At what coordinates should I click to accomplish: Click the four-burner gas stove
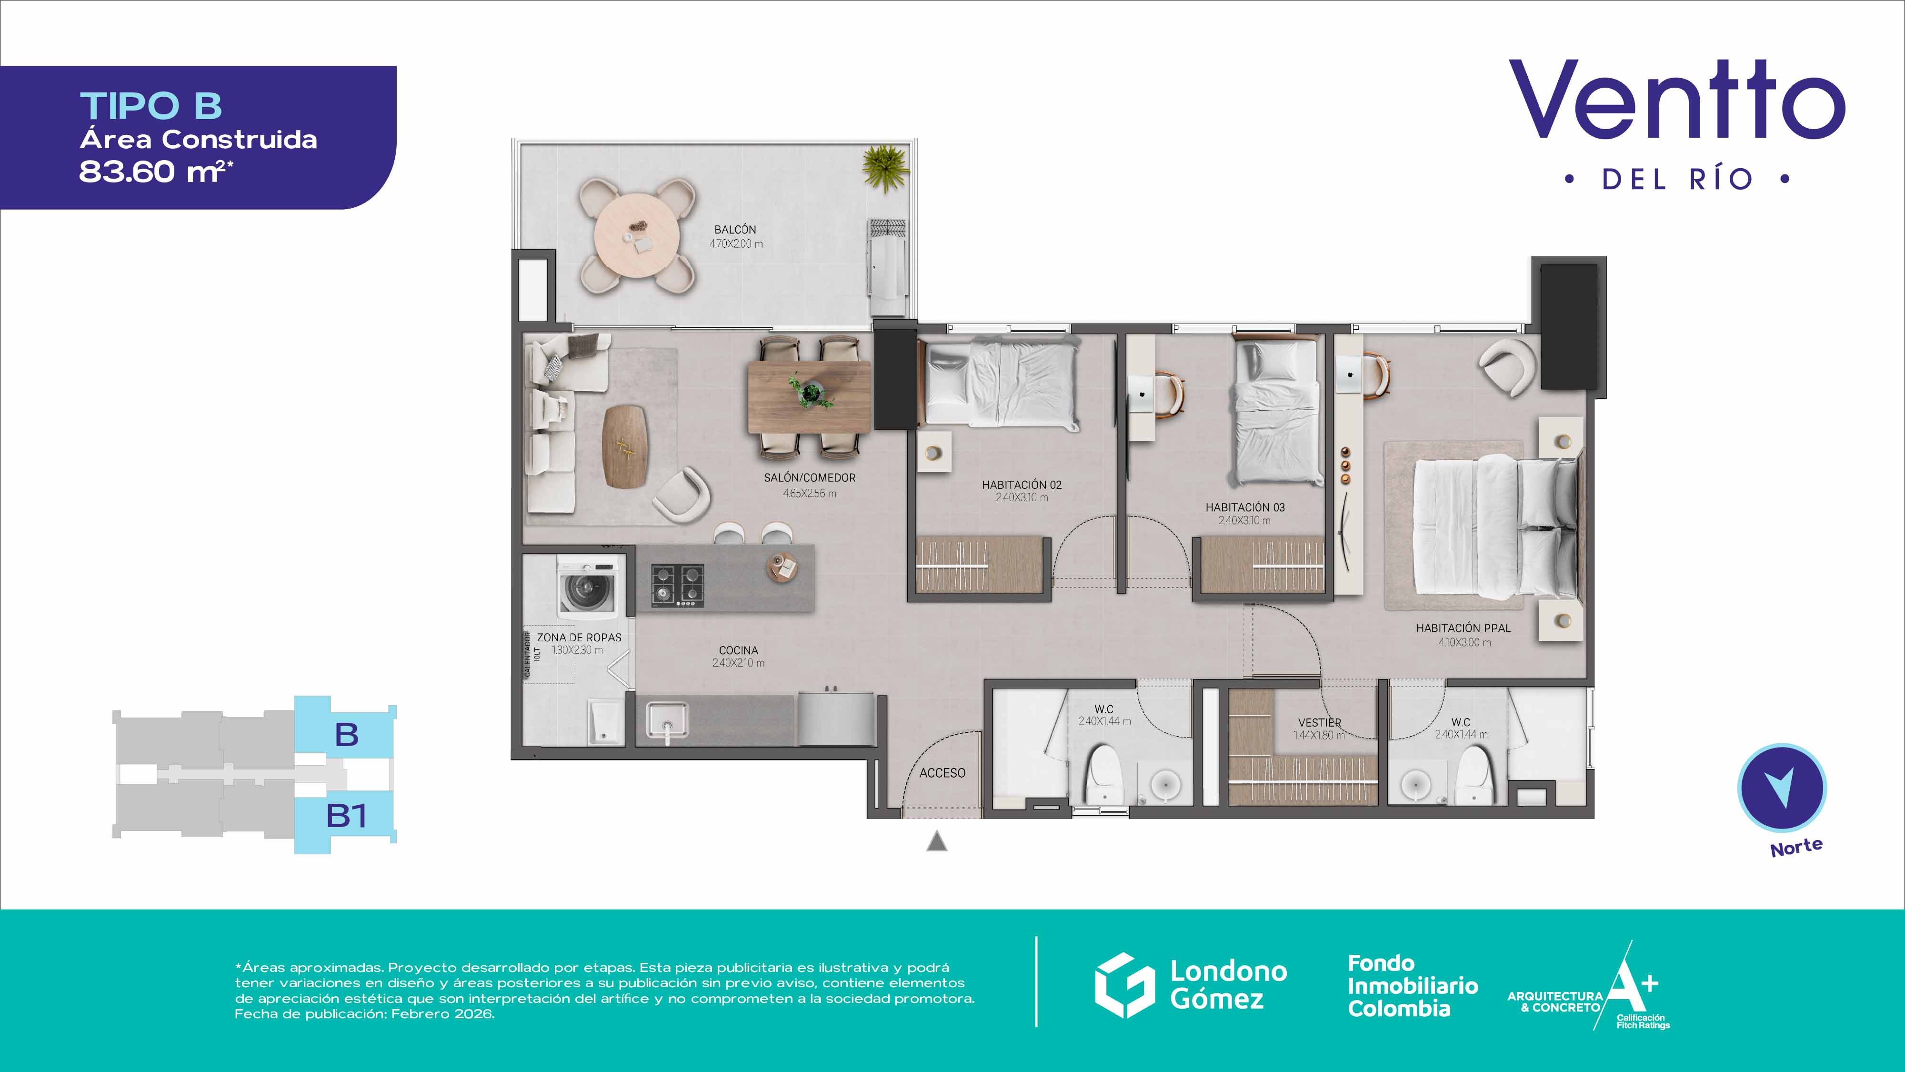(677, 585)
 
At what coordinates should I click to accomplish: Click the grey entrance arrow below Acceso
(937, 841)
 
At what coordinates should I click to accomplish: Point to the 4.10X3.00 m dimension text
(1464, 642)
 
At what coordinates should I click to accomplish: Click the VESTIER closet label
(1319, 723)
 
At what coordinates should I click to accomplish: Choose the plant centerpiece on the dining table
(811, 392)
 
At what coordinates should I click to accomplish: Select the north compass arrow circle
(1782, 789)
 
